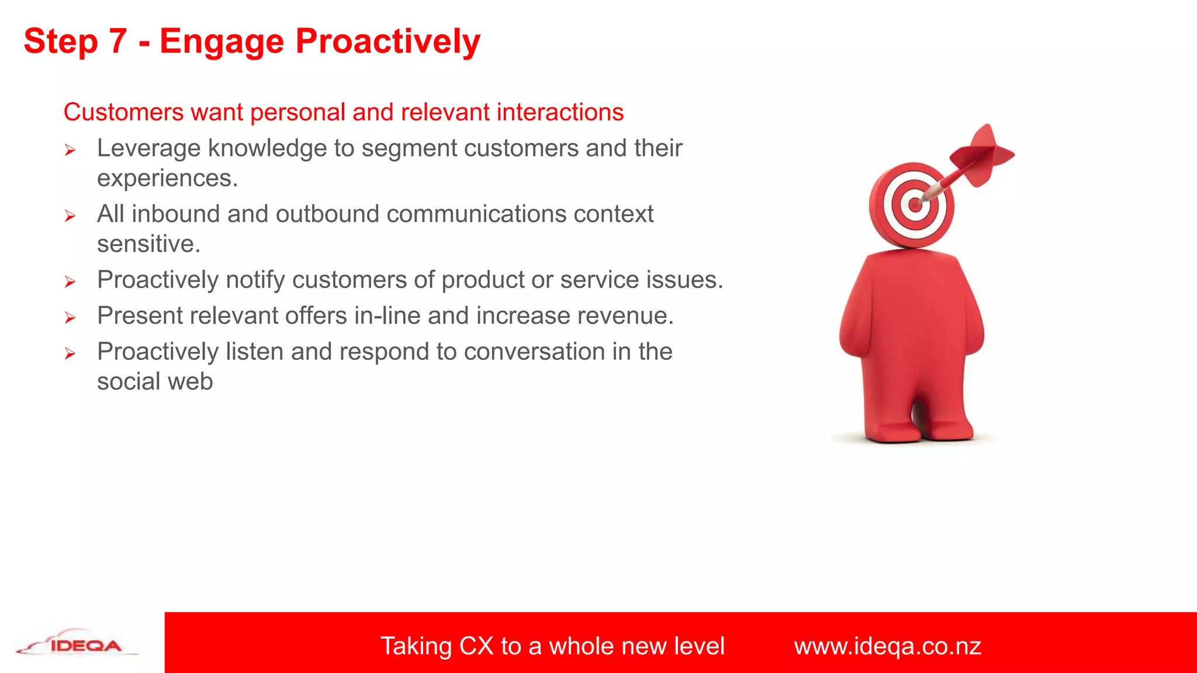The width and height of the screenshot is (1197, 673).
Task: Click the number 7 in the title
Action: pos(117,41)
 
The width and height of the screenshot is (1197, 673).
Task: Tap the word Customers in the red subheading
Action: pos(123,112)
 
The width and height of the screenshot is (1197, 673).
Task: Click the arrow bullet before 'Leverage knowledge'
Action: pos(70,151)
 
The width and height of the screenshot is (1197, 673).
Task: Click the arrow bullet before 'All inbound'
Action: pos(70,217)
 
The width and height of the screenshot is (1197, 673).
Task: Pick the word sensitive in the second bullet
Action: pos(148,244)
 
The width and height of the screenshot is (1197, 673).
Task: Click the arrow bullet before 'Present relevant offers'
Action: pos(70,318)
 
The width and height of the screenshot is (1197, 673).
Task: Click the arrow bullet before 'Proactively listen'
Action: pos(70,354)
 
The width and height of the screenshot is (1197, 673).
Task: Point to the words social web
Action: pos(155,382)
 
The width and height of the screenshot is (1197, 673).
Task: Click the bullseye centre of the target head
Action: pos(914,205)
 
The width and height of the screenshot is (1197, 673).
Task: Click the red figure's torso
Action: pos(912,315)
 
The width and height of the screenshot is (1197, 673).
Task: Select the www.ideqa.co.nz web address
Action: pos(887,646)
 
